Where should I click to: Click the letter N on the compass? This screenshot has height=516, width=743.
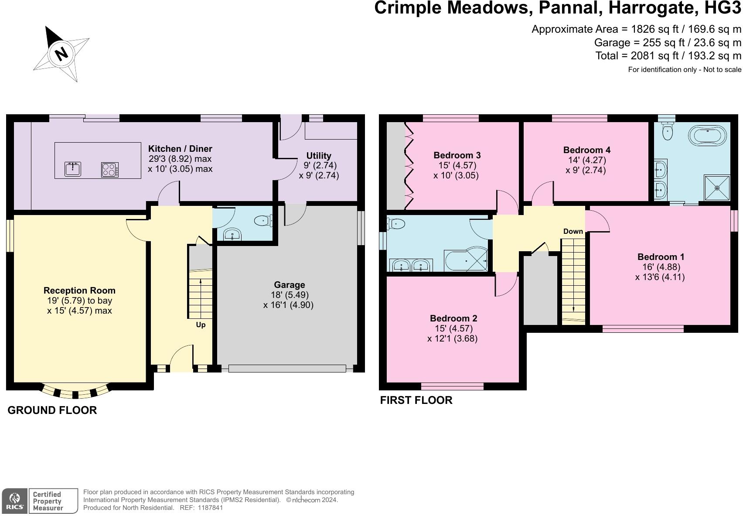pos(61,53)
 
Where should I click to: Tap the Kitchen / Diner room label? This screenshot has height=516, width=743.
pos(180,149)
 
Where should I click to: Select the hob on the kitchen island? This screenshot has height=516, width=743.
pos(110,170)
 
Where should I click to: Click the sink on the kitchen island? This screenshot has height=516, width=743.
pos(73,169)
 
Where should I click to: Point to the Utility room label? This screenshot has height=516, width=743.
pos(319,156)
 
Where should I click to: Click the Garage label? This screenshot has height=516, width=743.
pos(289,285)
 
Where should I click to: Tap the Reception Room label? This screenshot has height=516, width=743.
pos(80,290)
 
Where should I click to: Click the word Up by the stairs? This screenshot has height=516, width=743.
pos(201,325)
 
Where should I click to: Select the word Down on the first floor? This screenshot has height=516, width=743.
pos(573,231)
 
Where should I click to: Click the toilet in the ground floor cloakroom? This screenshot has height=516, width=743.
pos(263,220)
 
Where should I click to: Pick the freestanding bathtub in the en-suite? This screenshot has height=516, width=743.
pos(707,135)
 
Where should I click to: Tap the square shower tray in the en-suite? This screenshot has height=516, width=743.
pos(717,188)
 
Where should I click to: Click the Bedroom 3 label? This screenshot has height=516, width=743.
pos(457,155)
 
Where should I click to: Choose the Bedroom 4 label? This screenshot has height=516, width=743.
pos(587,150)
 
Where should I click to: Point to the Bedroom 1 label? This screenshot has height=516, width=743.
pos(661,257)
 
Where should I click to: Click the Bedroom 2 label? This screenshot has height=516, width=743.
pos(453,318)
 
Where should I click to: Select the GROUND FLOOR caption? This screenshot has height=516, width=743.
pos(52,410)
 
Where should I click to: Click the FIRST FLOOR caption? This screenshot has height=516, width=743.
pos(416,400)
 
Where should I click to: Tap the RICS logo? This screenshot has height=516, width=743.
pos(14,501)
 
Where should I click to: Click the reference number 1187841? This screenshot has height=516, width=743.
pos(210,508)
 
